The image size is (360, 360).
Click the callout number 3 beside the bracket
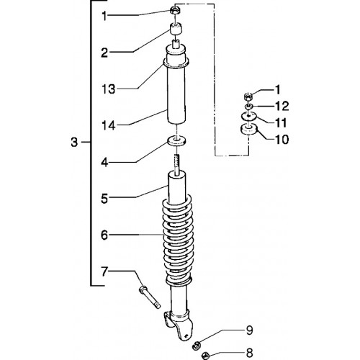click(74, 142)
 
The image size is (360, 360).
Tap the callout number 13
click(109, 89)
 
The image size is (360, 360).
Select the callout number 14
click(109, 125)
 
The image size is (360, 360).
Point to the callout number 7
click(104, 272)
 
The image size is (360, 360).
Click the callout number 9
click(249, 330)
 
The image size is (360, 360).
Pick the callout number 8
click(249, 353)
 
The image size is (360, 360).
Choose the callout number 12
click(282, 106)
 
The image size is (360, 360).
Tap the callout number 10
click(282, 140)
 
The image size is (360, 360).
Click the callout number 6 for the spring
click(104, 235)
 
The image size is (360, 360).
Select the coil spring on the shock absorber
click(178, 240)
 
